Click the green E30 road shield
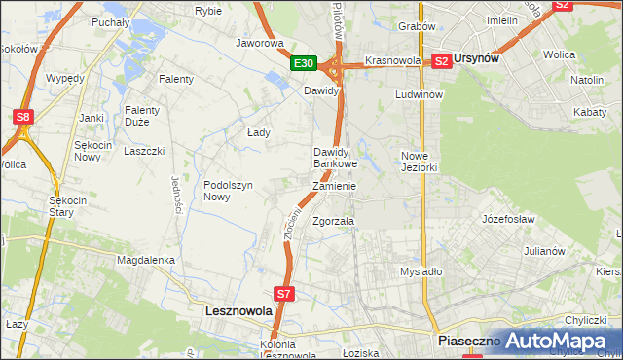[305, 63]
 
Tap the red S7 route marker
[283, 292]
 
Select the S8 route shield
[23, 117]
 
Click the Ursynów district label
[478, 59]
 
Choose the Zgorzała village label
[333, 221]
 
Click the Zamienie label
[334, 186]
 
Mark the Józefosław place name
[509, 219]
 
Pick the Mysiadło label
[421, 271]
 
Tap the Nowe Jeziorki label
[422, 161]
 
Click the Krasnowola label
[392, 60]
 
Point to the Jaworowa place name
[260, 43]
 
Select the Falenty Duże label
[142, 116]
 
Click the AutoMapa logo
[559, 341]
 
